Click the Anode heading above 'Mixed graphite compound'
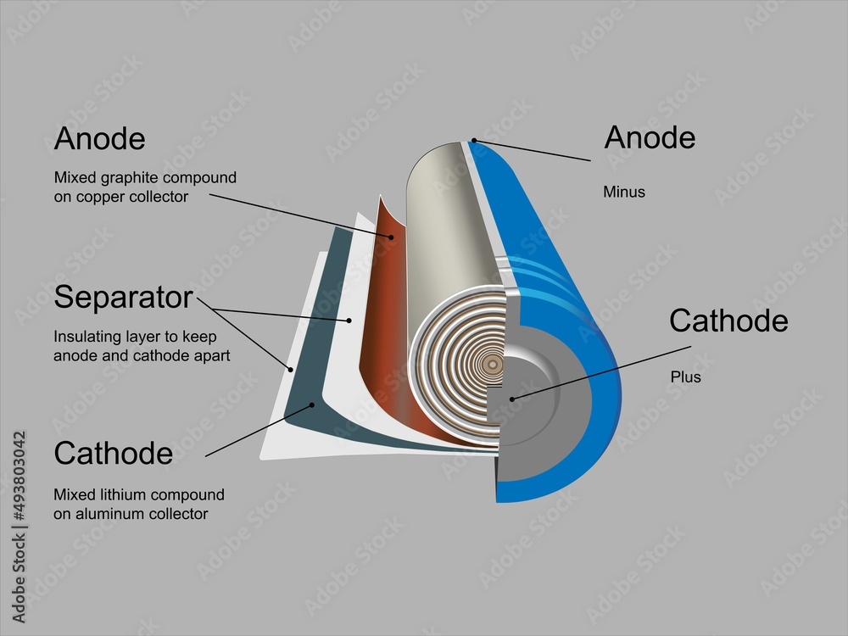click(99, 139)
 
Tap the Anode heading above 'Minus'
click(650, 137)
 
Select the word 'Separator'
click(124, 298)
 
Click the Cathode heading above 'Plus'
click(728, 321)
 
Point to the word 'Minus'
click(624, 192)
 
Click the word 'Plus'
click(686, 377)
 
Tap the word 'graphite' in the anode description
click(121, 179)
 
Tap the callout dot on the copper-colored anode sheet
click(391, 237)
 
